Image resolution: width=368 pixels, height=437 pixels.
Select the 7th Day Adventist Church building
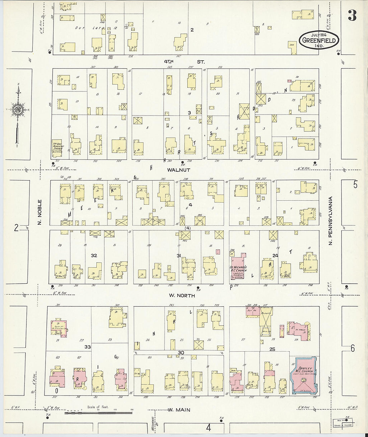[x=57, y=148]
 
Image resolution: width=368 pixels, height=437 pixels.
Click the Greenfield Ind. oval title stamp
[x=319, y=40]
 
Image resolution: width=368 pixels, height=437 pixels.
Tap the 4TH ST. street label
[x=184, y=62]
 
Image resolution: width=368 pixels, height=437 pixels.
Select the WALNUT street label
[x=179, y=170]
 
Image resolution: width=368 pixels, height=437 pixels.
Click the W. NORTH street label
[x=182, y=296]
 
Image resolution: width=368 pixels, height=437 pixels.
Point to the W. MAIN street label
[x=179, y=410]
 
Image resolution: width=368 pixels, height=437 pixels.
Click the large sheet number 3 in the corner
[x=352, y=15]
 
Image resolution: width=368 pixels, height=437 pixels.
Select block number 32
[x=94, y=256]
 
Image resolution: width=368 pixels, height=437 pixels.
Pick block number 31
[x=179, y=256]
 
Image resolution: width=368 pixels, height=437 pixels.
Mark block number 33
[x=88, y=347]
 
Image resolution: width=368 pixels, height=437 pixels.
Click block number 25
[x=272, y=349]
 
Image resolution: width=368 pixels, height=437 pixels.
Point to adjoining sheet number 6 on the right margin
[x=353, y=349]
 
